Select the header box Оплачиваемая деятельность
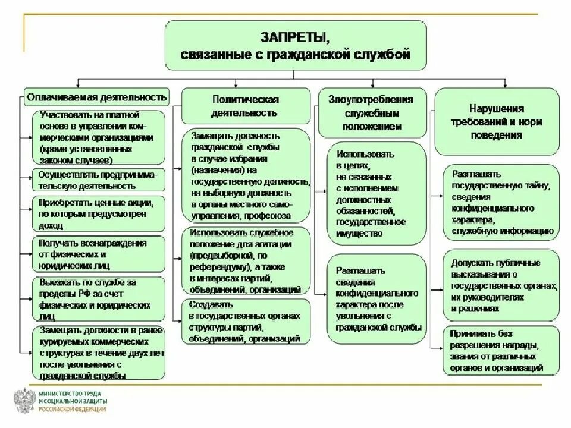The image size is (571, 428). coord(96,96)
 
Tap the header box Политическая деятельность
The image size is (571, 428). coord(245,105)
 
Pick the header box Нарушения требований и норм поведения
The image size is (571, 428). coord(496,122)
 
